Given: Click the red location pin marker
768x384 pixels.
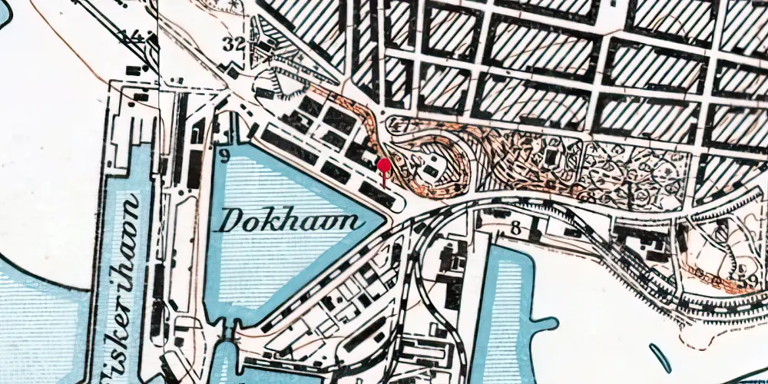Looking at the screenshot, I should [x=383, y=164].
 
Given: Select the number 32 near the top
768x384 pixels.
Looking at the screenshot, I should [x=234, y=44].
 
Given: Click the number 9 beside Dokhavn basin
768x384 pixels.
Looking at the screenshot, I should [x=224, y=157].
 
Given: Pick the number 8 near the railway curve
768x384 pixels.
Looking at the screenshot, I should [x=515, y=227].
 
